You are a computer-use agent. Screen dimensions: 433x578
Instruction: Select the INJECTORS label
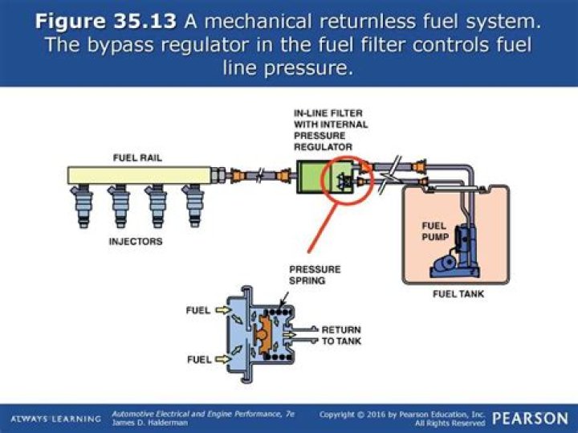pyautogui.click(x=136, y=240)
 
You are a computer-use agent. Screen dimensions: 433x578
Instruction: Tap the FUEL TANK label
pyautogui.click(x=458, y=294)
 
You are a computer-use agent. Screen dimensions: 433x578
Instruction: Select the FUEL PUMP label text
pyautogui.click(x=434, y=231)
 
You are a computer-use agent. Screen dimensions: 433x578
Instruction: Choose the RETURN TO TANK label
pyautogui.click(x=341, y=335)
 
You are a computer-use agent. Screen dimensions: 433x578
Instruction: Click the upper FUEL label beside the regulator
pyautogui.click(x=197, y=309)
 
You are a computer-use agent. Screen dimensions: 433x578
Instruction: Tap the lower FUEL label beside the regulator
pyautogui.click(x=197, y=358)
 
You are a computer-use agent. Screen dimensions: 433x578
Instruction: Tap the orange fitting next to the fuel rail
pyautogui.click(x=237, y=173)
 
